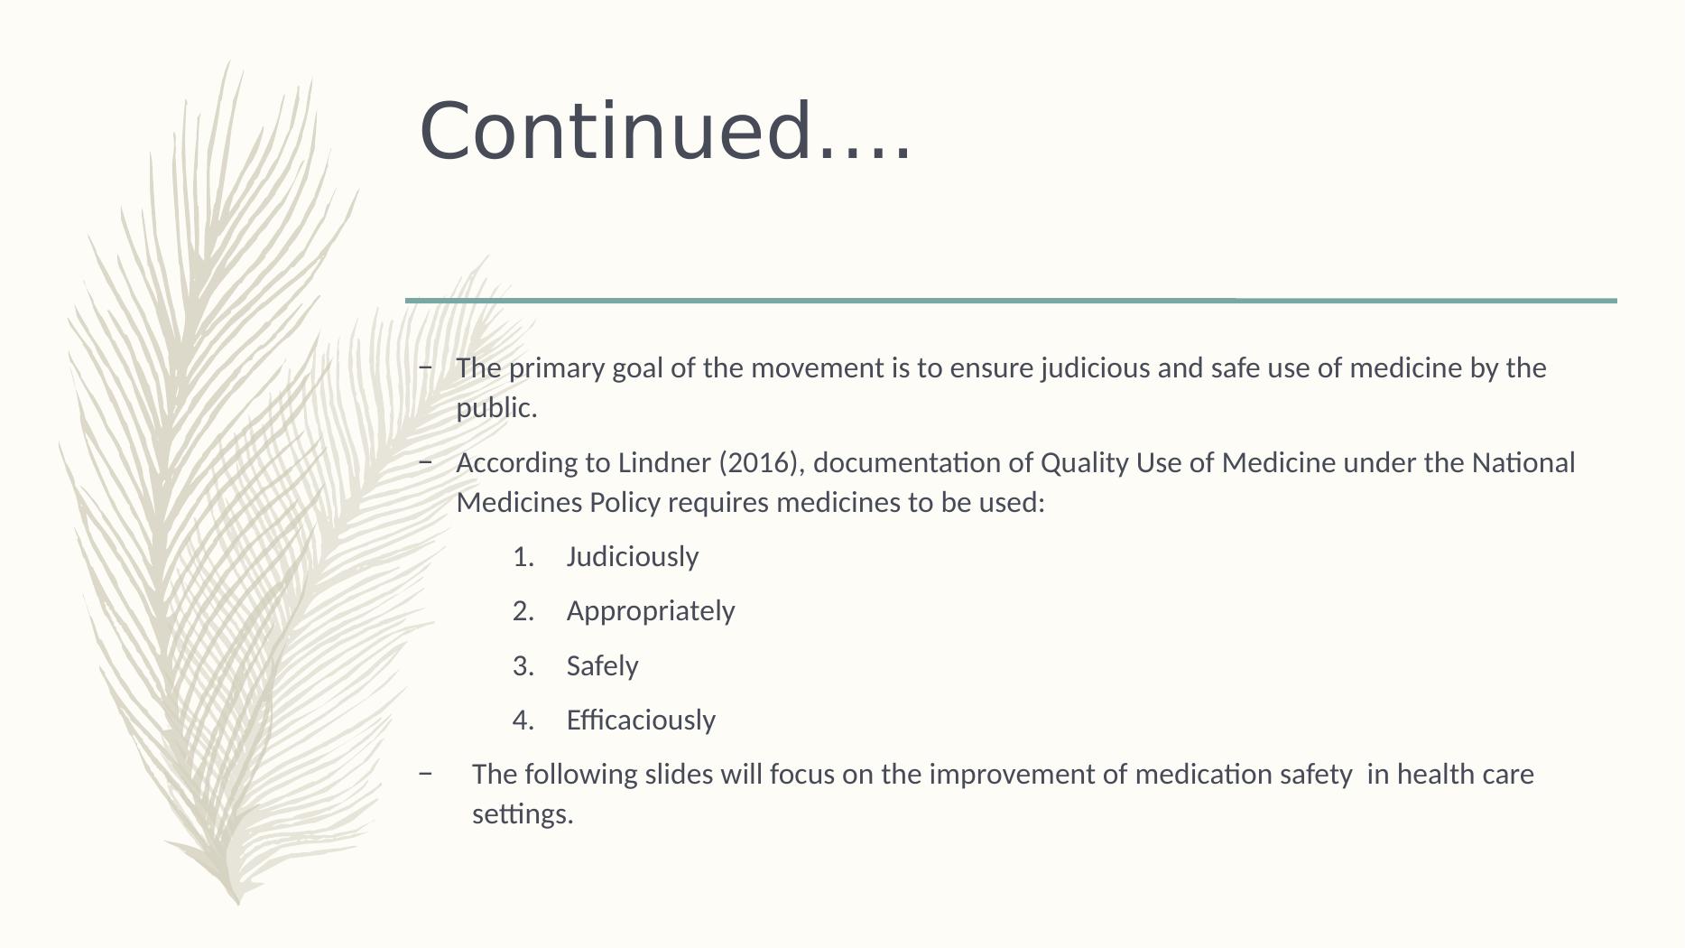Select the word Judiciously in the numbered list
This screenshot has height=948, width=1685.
coord(632,557)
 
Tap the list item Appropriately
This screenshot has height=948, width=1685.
coord(650,611)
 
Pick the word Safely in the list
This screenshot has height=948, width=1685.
coord(602,666)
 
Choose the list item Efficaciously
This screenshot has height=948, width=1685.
coord(640,720)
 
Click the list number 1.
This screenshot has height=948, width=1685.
coord(523,557)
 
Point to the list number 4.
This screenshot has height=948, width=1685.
coord(523,720)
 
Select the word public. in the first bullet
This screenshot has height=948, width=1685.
coord(496,409)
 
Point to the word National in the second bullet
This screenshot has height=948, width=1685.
coord(1523,463)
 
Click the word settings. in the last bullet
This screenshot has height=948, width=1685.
coord(523,814)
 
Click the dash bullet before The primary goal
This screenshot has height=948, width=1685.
coord(426,368)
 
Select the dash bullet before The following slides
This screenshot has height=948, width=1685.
coord(426,775)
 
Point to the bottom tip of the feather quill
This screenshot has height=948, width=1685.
coord(238,901)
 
